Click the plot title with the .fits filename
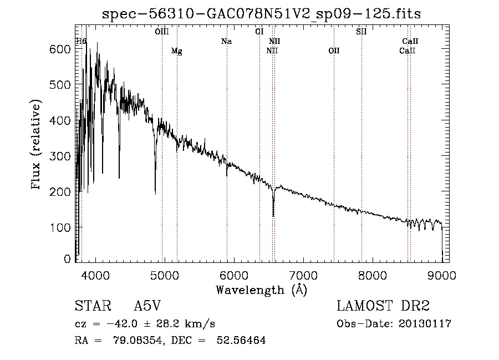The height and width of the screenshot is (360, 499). pos(261,14)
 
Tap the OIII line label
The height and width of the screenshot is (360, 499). pos(162,32)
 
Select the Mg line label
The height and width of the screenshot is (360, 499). pos(177,51)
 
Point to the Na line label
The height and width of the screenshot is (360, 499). pos(226,41)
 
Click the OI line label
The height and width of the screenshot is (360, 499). pos(259,32)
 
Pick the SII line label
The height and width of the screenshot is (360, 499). pos(361,32)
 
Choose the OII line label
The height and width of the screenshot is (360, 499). pos(334,50)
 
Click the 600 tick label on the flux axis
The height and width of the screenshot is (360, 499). pos(60,49)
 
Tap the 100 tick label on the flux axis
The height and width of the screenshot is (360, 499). pos(60,227)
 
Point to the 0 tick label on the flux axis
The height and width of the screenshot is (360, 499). pos(67,259)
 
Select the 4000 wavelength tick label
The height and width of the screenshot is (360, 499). pos(95,275)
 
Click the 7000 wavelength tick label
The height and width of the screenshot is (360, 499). pos(303,275)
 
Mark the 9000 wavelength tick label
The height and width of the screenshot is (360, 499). pos(442,275)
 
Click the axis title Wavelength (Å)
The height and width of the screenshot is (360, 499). pos(261,290)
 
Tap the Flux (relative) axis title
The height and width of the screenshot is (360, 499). pos(36,145)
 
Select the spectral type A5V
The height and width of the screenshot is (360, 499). pos(147,306)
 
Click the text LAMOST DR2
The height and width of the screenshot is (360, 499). pos(383,306)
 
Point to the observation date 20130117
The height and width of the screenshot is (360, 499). pos(425,324)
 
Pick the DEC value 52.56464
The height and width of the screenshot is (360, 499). pos(241,340)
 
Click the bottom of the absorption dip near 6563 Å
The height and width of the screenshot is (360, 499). pos(273,216)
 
